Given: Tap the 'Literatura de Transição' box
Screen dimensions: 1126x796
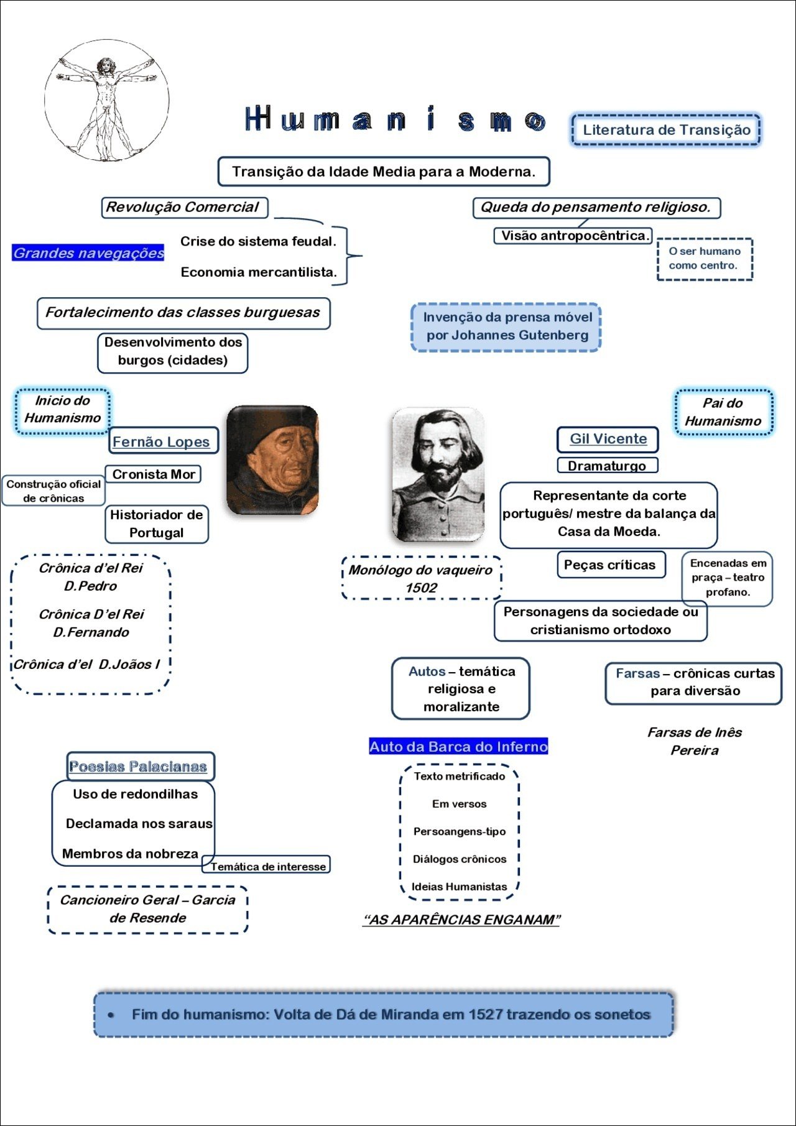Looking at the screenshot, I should (x=665, y=130).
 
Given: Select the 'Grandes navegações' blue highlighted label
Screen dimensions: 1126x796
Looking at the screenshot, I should (x=88, y=253).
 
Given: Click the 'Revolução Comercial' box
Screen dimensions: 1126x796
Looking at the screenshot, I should (x=184, y=207).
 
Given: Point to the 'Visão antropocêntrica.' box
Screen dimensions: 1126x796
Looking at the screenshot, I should (x=573, y=236).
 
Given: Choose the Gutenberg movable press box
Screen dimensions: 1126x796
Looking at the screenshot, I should (x=506, y=326).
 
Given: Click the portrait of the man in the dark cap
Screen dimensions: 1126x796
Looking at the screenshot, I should (x=272, y=460).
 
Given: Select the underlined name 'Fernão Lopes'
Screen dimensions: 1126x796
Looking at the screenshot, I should (x=162, y=441).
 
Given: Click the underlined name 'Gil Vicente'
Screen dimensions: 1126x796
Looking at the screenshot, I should (x=608, y=439).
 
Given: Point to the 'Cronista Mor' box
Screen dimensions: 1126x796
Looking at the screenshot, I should (x=153, y=474).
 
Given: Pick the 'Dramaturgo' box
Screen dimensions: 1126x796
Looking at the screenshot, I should (x=606, y=466).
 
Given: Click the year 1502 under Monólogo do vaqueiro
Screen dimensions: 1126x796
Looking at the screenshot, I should (x=421, y=588).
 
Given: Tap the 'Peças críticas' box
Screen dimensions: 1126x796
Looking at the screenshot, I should (x=610, y=565).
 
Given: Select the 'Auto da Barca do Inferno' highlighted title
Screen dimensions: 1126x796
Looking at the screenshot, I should (x=458, y=747).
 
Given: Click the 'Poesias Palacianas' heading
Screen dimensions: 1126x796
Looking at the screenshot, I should (x=138, y=767).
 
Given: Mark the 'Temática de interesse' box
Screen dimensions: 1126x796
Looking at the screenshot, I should (x=267, y=866).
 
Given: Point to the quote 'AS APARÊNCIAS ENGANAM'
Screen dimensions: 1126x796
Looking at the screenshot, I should (x=461, y=920).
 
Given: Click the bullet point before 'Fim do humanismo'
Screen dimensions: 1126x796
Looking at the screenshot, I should (x=111, y=1015).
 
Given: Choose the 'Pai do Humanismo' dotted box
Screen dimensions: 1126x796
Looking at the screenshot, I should (x=723, y=412).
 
